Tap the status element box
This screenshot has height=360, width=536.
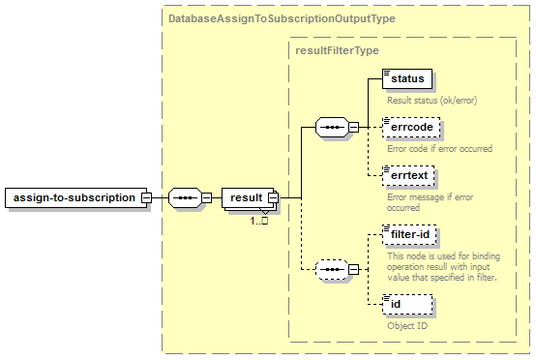coord(407,78)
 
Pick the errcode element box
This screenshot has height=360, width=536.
coord(411,127)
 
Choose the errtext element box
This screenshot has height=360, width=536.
coord(408,176)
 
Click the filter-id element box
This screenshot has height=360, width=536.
coord(409,234)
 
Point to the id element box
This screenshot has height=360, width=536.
coord(407,304)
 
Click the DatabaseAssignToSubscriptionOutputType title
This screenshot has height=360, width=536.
coord(282,18)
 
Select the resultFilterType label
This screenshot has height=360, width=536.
coord(337,50)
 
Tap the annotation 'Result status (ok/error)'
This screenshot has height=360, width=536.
coord(432,101)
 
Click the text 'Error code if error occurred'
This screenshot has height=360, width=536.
coord(439,149)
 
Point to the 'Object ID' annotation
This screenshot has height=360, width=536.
coord(407,326)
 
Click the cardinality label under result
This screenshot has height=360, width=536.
coord(258,221)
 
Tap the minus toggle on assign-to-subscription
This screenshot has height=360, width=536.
coord(147,197)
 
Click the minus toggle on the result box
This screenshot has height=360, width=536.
coord(274,197)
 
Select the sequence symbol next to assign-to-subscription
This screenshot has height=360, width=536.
coord(185,197)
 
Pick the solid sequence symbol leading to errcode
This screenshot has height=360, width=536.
coord(332,127)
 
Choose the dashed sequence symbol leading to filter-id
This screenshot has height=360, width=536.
coord(332,269)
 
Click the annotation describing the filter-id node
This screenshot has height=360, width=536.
coord(443,267)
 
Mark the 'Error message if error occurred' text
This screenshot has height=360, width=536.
coord(430,202)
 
